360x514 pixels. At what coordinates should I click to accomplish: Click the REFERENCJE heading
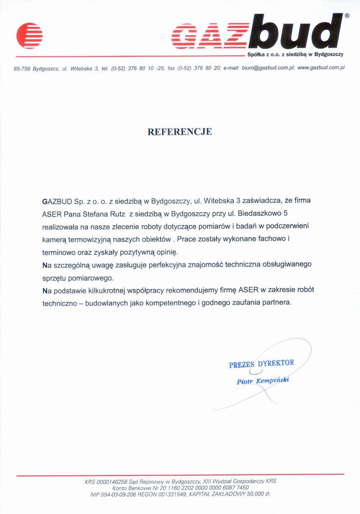pos(180,132)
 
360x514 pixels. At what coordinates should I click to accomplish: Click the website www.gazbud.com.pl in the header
pos(321,68)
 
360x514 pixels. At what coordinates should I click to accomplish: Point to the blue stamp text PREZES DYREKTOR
pos(261,364)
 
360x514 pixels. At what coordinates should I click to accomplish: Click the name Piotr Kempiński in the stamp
pos(263,381)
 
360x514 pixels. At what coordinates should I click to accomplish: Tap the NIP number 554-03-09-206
pos(117,494)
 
